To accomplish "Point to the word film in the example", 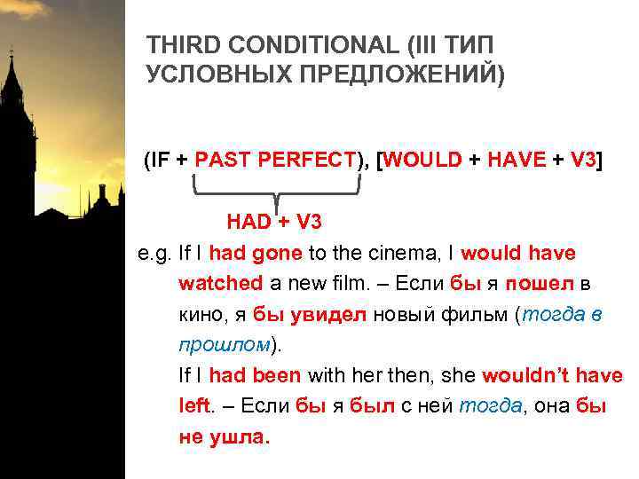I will click(x=335, y=284).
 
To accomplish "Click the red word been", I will click(x=275, y=375).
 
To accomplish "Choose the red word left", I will click(x=194, y=405).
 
